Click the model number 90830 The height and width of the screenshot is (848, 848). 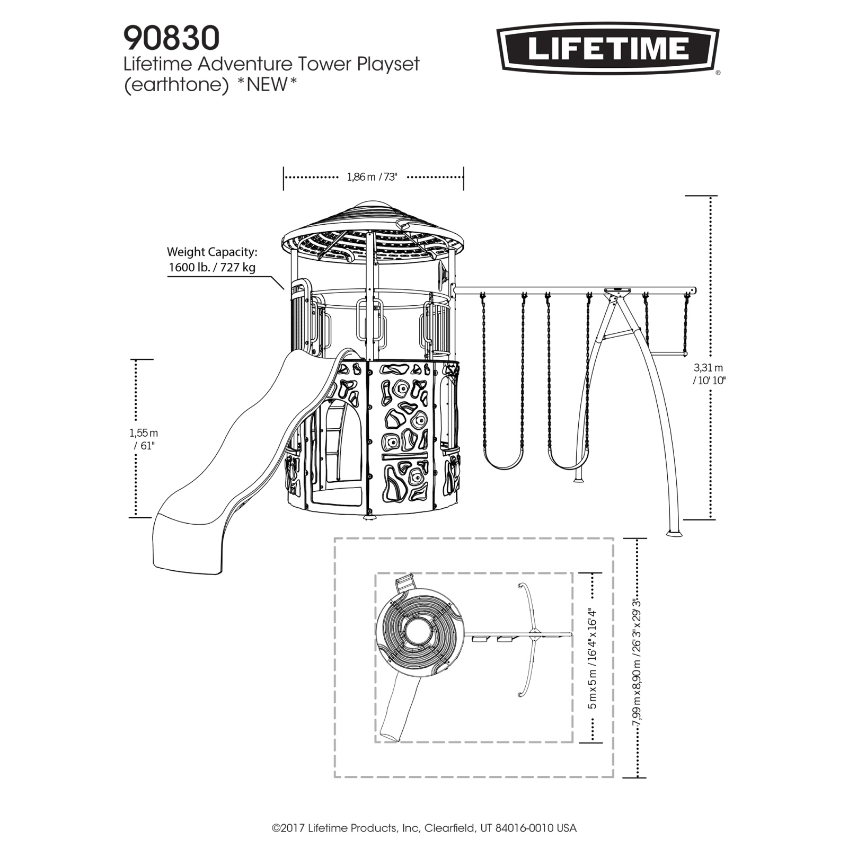click(x=171, y=38)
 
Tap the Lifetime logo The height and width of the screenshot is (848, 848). click(x=608, y=49)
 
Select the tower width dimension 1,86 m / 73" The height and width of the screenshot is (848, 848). click(x=372, y=177)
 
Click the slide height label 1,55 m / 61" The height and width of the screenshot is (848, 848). click(x=144, y=439)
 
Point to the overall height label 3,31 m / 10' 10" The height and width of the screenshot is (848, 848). click(x=709, y=374)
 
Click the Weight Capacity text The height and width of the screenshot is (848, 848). click(x=212, y=252)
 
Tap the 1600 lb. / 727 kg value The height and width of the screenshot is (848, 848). click(x=212, y=267)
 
